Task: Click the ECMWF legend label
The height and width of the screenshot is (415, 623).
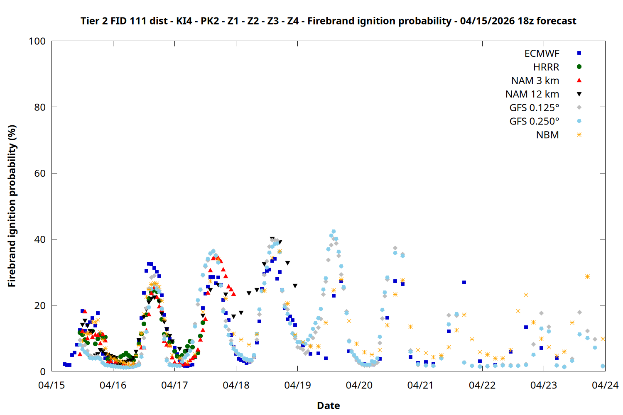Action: click(542, 54)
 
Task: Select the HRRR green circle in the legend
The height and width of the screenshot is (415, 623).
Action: click(579, 67)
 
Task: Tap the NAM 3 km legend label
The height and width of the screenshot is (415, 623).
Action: click(535, 81)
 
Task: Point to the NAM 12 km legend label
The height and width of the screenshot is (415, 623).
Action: click(532, 94)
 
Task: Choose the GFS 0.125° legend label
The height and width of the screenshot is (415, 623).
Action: click(534, 108)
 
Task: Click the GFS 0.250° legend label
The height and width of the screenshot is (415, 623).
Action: click(534, 122)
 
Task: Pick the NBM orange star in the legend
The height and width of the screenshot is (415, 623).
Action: click(579, 135)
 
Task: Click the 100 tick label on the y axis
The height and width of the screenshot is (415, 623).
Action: click(37, 41)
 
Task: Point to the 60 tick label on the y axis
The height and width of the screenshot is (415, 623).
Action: click(40, 173)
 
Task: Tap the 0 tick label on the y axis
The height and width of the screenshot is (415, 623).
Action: click(43, 372)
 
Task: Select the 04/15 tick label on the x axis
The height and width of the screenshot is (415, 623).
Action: click(52, 386)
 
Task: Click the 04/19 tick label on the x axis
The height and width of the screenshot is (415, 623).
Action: click(297, 386)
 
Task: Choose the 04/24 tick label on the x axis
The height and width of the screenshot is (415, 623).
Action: click(605, 386)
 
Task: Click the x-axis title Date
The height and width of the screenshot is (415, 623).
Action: click(328, 405)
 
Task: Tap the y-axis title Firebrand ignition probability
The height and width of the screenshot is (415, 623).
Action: click(12, 206)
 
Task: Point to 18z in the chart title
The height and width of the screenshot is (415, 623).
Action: click(525, 21)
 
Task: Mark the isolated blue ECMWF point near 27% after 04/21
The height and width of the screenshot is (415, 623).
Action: click(464, 282)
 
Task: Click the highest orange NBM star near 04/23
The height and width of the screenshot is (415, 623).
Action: click(587, 276)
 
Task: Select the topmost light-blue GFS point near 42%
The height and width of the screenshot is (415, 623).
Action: click(334, 232)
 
